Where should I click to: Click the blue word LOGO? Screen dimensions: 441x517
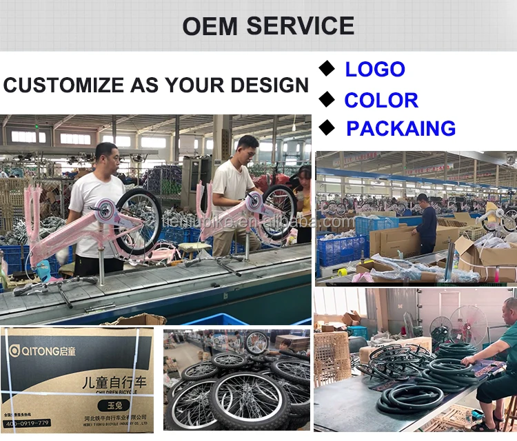(375, 70)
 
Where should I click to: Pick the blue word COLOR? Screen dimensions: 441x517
(381, 100)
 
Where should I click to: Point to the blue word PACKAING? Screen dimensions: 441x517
(401, 129)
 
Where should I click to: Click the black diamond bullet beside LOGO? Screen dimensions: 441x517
(326, 68)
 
